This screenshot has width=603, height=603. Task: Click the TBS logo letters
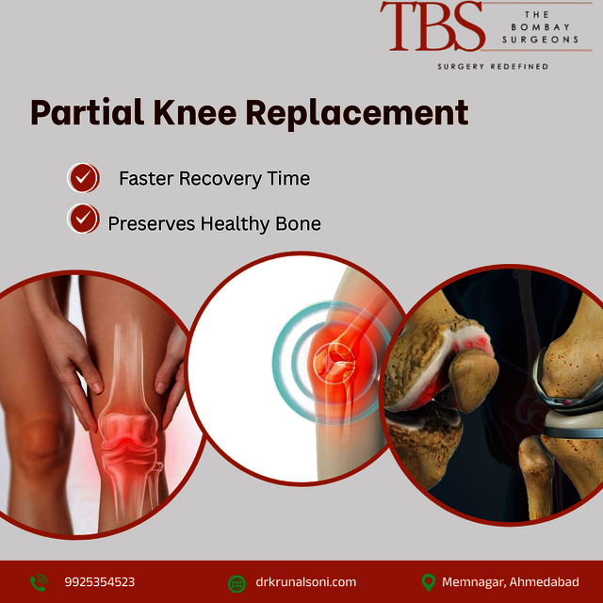432,26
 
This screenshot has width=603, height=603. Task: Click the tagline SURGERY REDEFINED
493,67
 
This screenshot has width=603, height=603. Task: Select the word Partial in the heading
82,113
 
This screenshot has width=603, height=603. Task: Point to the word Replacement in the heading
357,113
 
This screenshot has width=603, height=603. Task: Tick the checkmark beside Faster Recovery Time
84,177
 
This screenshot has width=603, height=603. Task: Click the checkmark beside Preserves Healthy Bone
84,219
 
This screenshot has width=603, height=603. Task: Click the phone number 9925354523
100,582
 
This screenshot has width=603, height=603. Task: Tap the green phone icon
39,582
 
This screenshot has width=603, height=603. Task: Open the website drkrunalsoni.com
306,582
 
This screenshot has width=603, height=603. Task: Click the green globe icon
237,582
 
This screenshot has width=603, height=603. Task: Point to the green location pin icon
429,582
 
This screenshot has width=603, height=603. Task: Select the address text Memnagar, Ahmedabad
511,582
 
